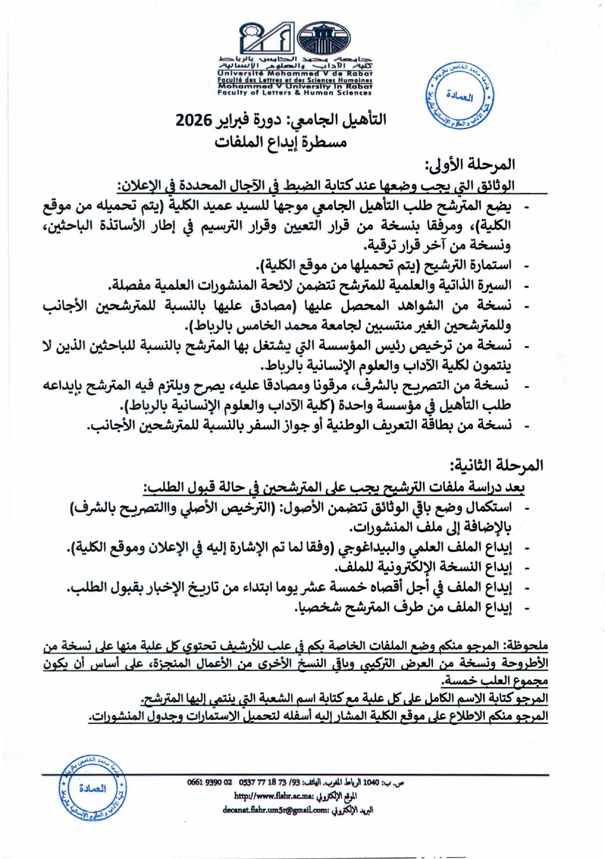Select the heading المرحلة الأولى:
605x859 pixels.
pos(470,164)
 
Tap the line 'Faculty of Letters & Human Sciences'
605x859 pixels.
pos(295,92)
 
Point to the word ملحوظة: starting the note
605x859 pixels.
pos(525,646)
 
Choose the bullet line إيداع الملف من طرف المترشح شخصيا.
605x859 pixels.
pos(403,607)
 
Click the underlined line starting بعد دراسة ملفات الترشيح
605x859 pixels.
pos(334,487)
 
